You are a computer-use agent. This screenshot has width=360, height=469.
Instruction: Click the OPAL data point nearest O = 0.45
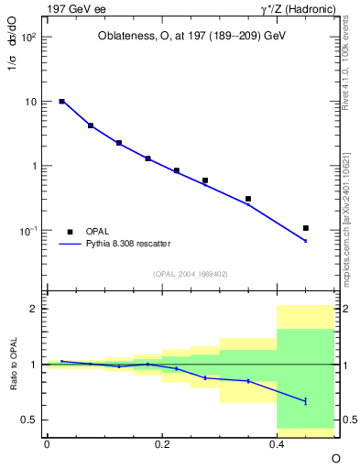pyautogui.click(x=306, y=228)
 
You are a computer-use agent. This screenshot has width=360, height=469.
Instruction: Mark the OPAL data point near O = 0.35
pyautogui.click(x=248, y=199)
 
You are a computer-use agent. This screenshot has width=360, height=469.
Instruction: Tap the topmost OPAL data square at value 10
pyautogui.click(x=61, y=102)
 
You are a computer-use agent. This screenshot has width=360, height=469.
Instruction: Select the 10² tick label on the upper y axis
pyautogui.click(x=29, y=38)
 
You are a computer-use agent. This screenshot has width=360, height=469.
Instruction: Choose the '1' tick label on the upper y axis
pyautogui.click(x=35, y=167)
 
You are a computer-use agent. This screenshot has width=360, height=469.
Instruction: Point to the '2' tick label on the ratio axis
pyautogui.click(x=35, y=309)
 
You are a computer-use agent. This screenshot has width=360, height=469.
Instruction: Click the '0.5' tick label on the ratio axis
pyautogui.click(x=30, y=420)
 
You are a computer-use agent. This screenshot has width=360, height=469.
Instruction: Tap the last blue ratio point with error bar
pyautogui.click(x=306, y=400)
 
